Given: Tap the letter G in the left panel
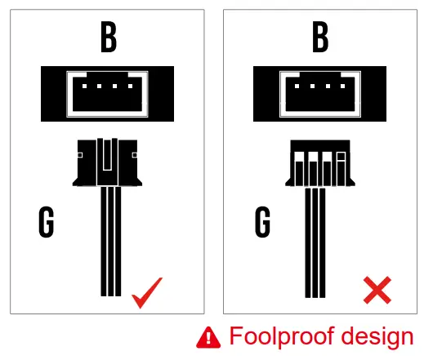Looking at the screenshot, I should (x=48, y=221).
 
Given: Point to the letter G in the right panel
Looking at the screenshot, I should (x=262, y=221).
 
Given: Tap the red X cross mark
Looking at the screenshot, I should (x=377, y=291).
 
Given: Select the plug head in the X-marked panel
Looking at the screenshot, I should (x=319, y=164).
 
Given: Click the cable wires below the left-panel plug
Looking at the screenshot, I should (x=110, y=241).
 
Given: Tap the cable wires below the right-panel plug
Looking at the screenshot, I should (x=320, y=241).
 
